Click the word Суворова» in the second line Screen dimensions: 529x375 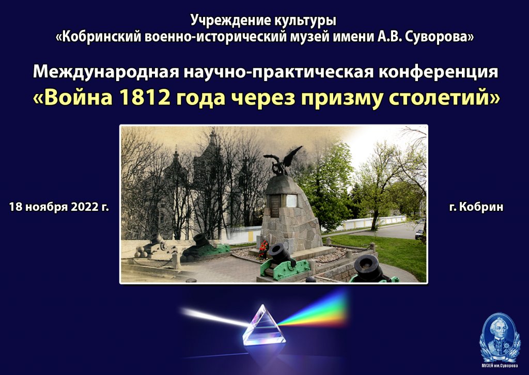click(439, 37)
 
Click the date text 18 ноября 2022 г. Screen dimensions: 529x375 click(59, 207)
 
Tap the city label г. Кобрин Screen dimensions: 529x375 click(476, 207)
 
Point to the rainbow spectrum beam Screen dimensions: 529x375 click(314, 310)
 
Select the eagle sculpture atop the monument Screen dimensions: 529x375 click(283, 161)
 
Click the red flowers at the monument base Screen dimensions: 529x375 click(263, 249)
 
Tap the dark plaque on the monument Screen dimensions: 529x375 click(275, 206)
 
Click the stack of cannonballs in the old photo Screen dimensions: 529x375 click(142, 251)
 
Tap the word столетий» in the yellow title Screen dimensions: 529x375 click(445, 98)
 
